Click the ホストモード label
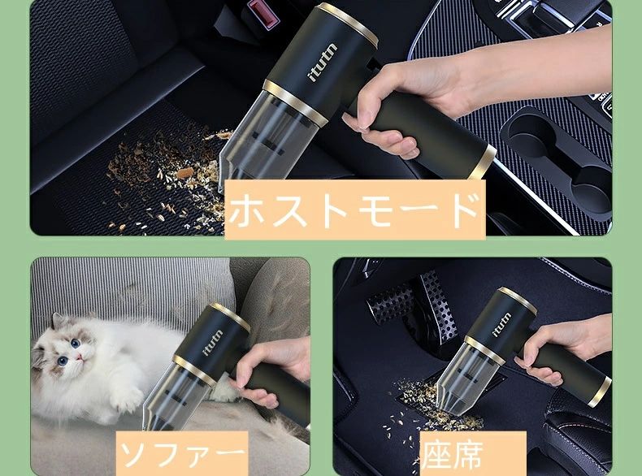354,210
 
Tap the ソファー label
183,453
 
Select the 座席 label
472,453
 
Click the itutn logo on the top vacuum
323,63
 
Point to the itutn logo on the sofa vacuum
212,342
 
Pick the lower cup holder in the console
590,188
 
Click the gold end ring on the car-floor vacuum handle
601,393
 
